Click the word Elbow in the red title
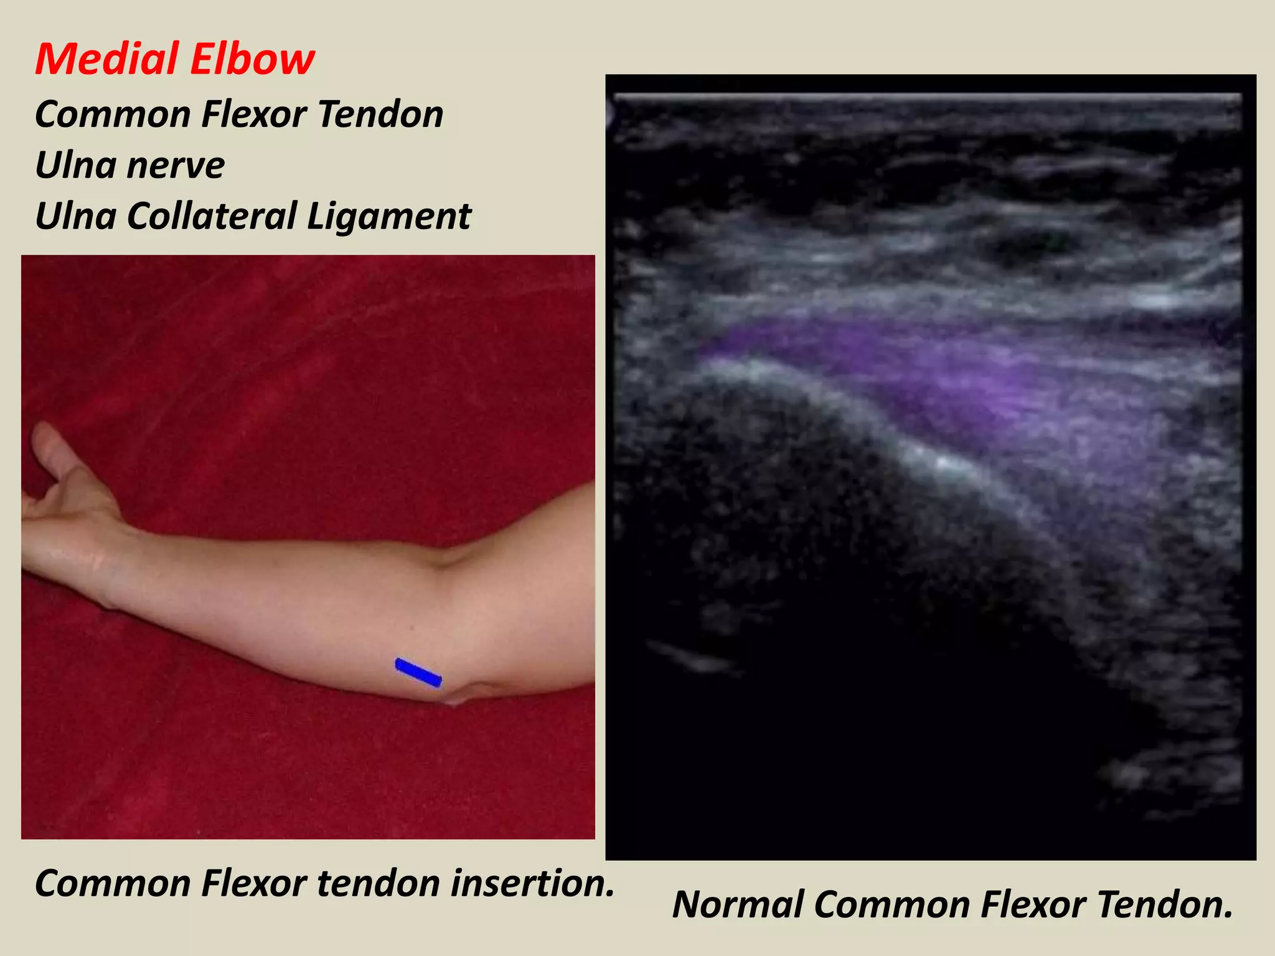[252, 60]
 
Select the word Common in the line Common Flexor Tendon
[112, 115]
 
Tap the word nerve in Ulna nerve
[176, 166]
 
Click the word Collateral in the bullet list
[212, 217]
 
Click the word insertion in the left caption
[532, 883]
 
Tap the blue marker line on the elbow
[418, 673]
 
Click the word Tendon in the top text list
[380, 115]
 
